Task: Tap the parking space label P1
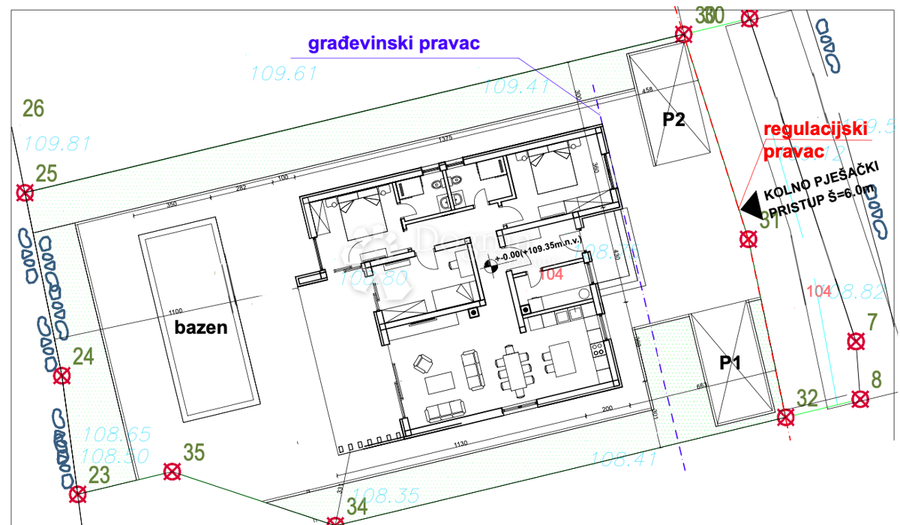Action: pos(730,363)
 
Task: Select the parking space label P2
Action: pos(673,119)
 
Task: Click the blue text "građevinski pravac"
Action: pos(394,43)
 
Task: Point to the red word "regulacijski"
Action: pos(809,129)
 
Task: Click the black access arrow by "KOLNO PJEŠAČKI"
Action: pos(749,202)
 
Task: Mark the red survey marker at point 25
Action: pos(25,193)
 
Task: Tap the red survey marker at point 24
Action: pos(61,376)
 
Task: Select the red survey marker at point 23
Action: pos(77,493)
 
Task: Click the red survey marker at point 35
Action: pos(172,472)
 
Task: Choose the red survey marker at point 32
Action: pos(785,417)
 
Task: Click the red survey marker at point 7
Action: pos(855,342)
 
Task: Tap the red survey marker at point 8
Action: pos(860,399)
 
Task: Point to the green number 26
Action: pos(34,109)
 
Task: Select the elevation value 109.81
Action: pos(57,143)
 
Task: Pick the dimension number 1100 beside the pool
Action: pos(176,311)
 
